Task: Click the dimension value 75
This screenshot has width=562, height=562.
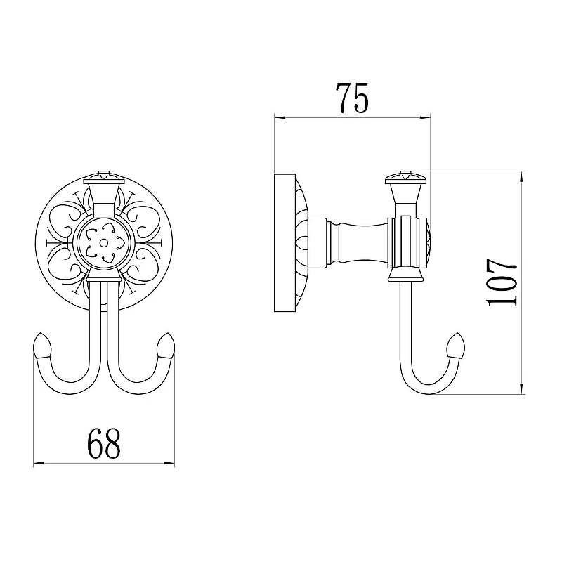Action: click(353, 98)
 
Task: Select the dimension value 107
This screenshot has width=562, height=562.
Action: click(502, 282)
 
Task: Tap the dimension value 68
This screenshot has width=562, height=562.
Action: click(104, 444)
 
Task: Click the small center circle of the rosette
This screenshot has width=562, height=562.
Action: click(104, 243)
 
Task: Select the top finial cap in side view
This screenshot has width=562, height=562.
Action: click(405, 178)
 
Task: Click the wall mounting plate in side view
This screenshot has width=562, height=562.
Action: click(285, 242)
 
